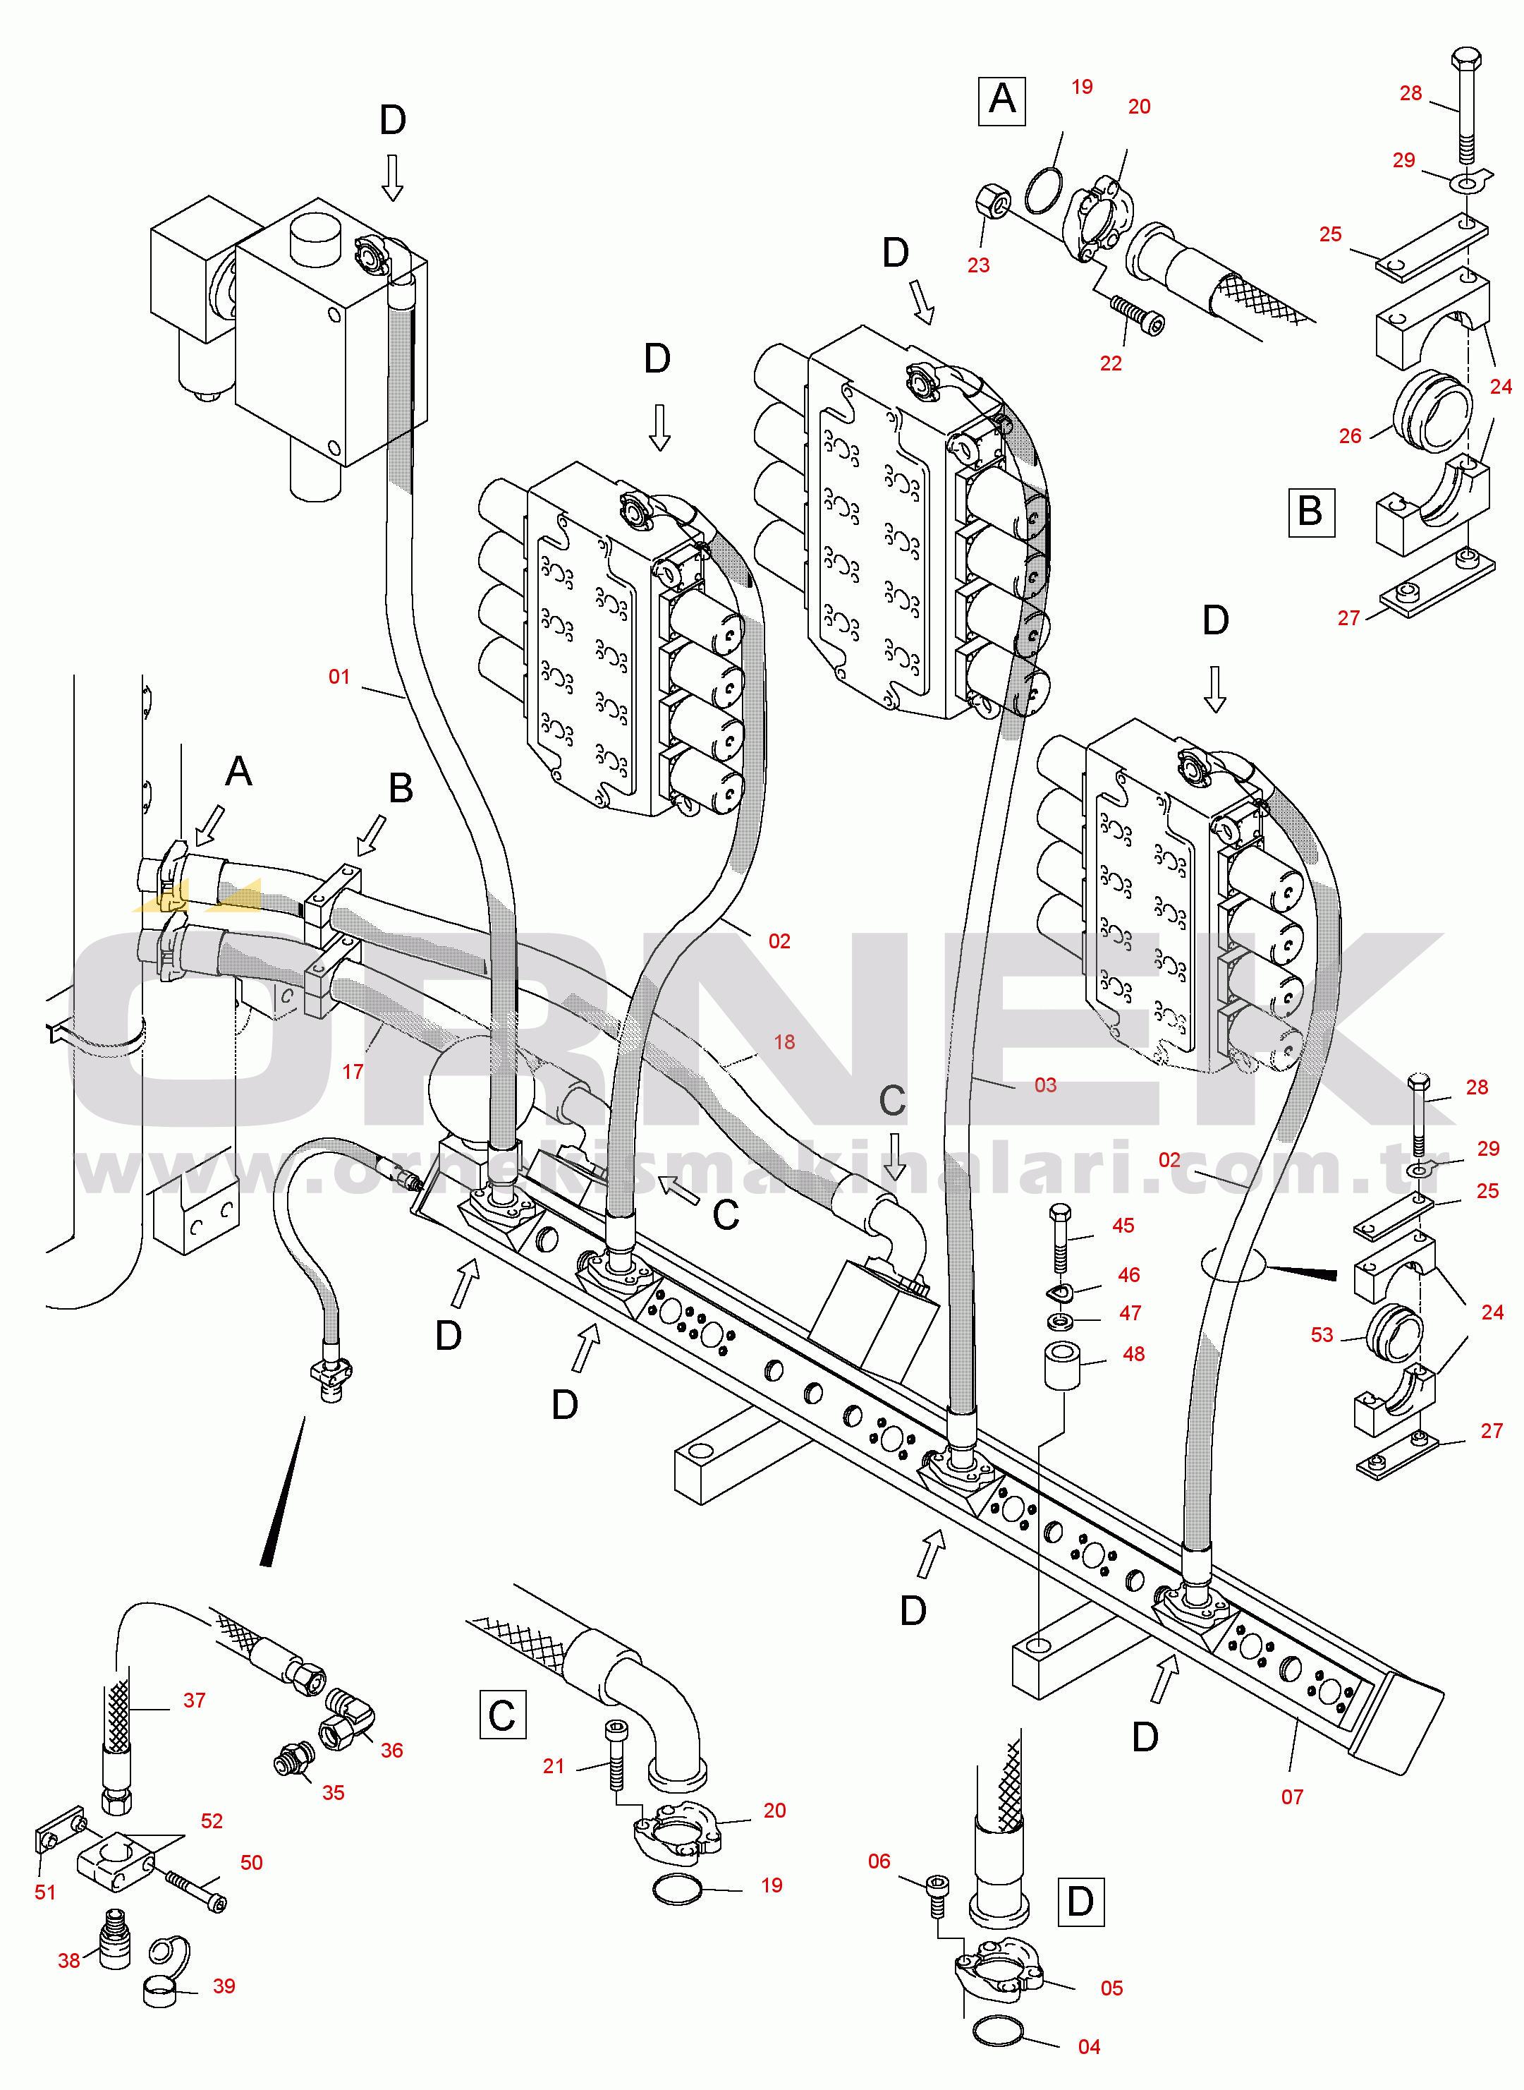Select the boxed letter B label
coord(1311,512)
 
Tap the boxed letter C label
coord(503,1715)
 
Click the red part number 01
coord(339,677)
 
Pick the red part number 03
coord(1045,1085)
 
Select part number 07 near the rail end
coord(1293,1796)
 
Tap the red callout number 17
coord(353,1071)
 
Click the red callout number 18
coord(784,1041)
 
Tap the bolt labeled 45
coord(1061,1236)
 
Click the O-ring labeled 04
coord(998,2031)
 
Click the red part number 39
coord(224,1986)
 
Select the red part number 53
coord(1322,1334)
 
